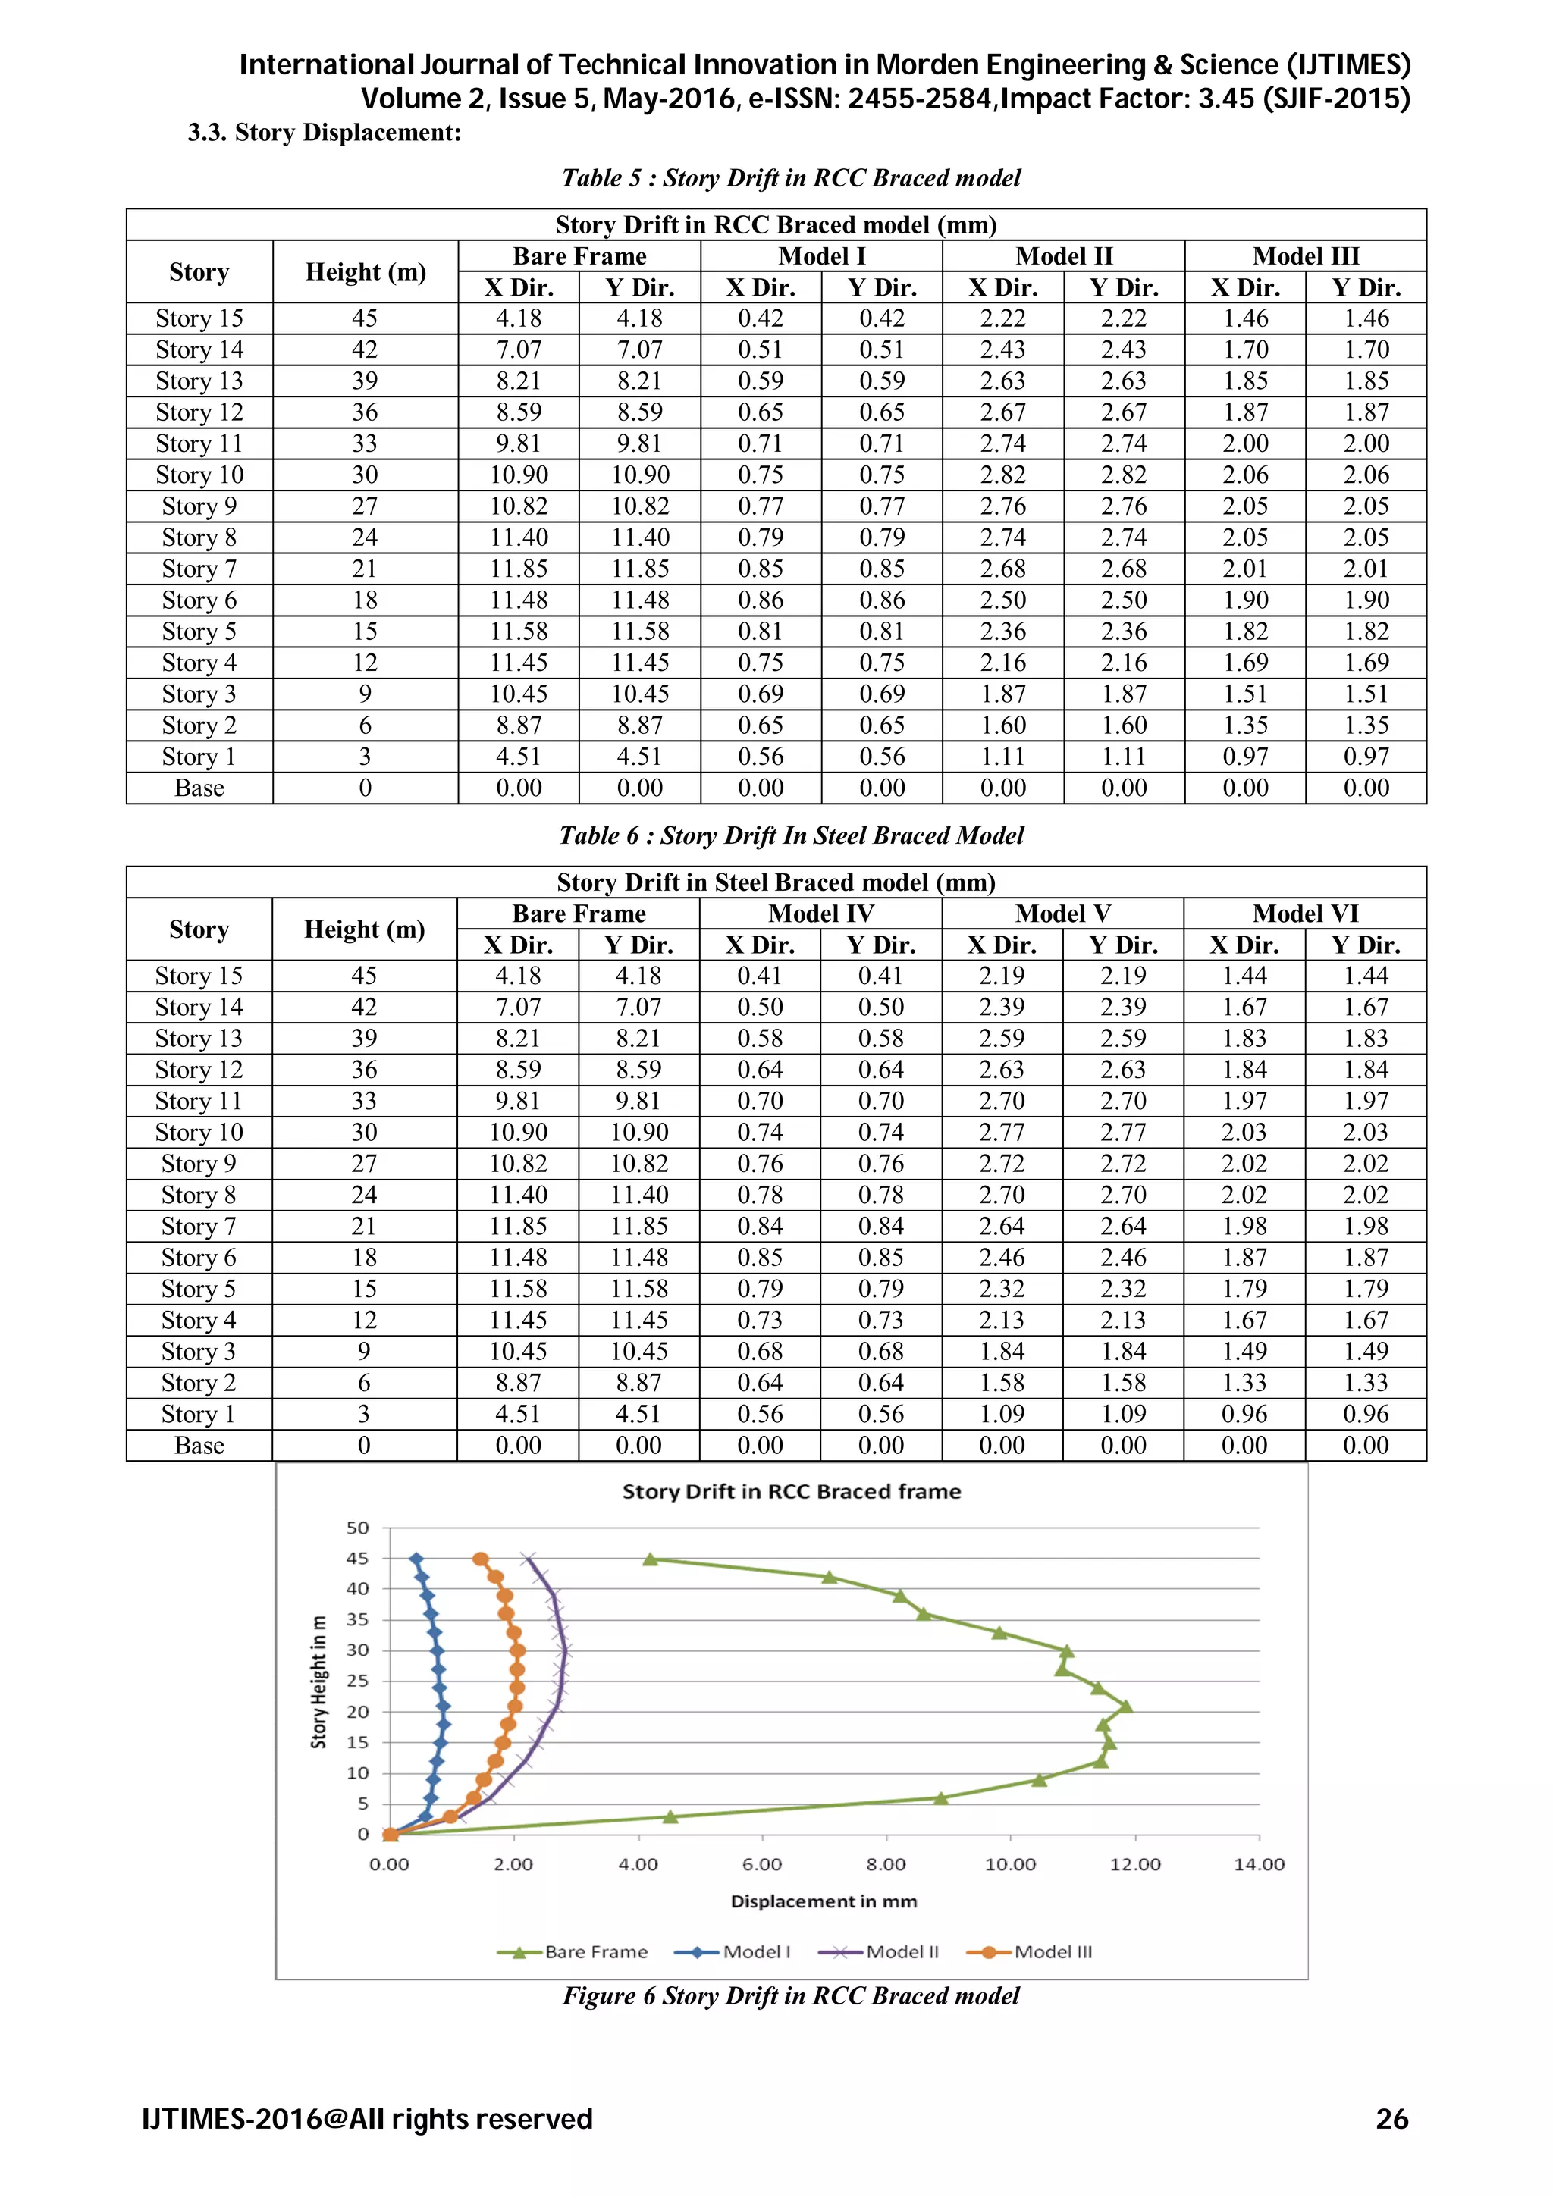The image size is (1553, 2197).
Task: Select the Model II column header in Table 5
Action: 1063,256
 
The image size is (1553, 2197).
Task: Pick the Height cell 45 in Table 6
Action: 364,975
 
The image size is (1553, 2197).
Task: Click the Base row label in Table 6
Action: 199,1445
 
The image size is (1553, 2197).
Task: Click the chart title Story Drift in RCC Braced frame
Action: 792,1492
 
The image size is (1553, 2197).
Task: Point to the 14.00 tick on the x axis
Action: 1258,1864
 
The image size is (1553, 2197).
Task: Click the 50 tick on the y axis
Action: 357,1528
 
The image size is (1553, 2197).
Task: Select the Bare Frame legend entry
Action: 573,1952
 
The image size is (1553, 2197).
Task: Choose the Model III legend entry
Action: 1030,1952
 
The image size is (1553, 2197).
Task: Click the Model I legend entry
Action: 733,1952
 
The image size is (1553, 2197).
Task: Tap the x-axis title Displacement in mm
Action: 824,1901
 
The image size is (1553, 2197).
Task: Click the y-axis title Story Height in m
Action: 318,1682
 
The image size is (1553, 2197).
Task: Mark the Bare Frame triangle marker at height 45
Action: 651,1559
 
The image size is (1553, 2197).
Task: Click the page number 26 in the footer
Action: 1391,2120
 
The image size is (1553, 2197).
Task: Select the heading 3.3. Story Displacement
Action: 325,132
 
